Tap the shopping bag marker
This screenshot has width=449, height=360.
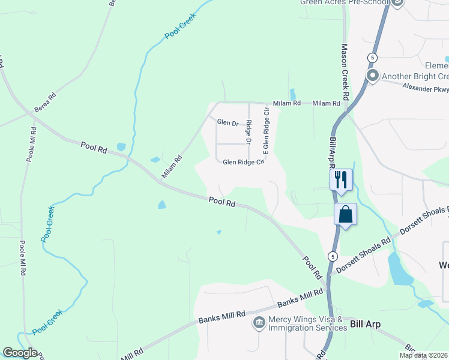tap(346, 214)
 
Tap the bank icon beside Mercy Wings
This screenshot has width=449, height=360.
tap(259, 323)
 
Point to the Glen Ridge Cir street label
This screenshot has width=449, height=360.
tap(243, 162)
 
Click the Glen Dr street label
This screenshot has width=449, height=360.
tap(228, 122)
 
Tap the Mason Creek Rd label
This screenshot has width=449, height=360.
tap(345, 72)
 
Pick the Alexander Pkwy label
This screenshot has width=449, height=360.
tap(426, 88)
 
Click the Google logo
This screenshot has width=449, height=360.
tap(20, 353)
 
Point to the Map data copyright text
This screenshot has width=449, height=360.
tap(424, 355)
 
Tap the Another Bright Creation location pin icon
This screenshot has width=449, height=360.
tap(372, 76)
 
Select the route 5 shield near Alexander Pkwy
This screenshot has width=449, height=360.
tap(373, 58)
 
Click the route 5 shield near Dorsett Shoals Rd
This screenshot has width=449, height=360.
tap(332, 256)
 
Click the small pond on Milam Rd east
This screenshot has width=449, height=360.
tap(292, 94)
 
